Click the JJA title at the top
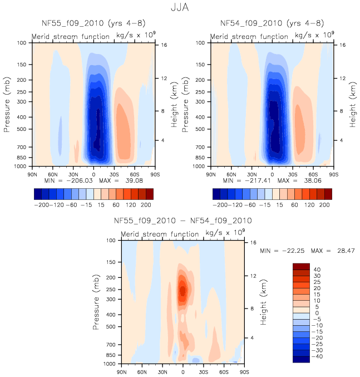(179, 8)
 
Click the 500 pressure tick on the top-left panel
(23, 130)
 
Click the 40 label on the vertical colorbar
(317, 269)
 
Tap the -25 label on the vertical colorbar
(317, 345)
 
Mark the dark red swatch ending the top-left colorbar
(149, 194)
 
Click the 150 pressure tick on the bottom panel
(111, 262)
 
